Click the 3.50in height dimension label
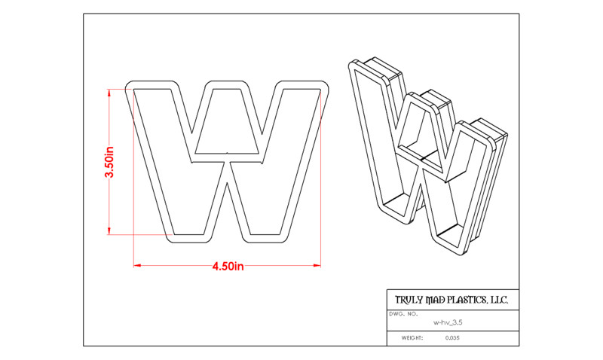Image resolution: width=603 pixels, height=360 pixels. pyautogui.click(x=109, y=161)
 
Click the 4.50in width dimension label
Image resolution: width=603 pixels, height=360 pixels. pyautogui.click(x=228, y=267)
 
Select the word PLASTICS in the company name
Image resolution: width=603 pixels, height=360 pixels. pyautogui.click(x=467, y=300)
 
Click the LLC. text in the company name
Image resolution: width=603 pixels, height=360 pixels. pyautogui.click(x=498, y=300)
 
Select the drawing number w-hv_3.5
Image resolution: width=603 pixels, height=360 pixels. pyautogui.click(x=448, y=322)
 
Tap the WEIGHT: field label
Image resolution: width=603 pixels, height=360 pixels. pyautogui.click(x=412, y=338)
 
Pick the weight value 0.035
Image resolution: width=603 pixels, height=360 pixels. pyautogui.click(x=452, y=338)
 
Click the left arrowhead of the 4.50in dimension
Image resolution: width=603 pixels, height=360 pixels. pyautogui.click(x=137, y=265)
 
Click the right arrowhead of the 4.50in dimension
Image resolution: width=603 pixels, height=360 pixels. pyautogui.click(x=317, y=265)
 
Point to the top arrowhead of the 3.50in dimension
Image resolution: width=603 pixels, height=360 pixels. pyautogui.click(x=109, y=93)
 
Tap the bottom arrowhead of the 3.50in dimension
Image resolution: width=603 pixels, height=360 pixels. pyautogui.click(x=109, y=230)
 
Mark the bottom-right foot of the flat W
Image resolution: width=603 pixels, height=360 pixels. pyautogui.click(x=265, y=238)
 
